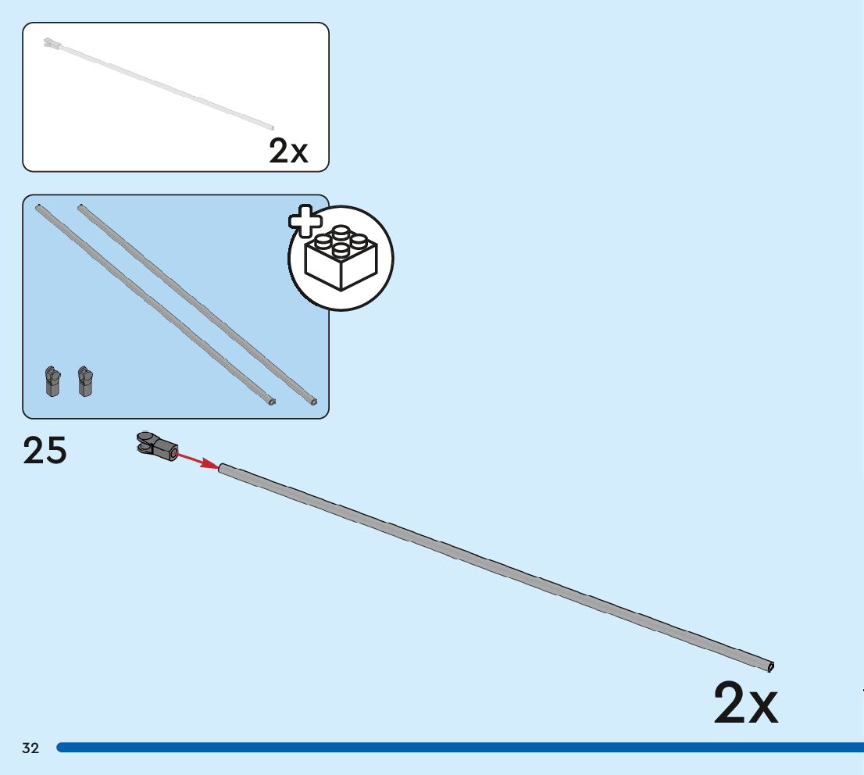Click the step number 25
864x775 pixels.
tap(45, 451)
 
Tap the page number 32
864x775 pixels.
tap(30, 748)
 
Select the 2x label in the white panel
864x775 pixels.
tap(288, 151)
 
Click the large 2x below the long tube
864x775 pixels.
tap(746, 704)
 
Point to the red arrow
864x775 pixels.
tap(198, 460)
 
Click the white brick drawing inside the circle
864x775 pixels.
tap(341, 258)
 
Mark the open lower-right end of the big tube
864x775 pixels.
tap(771, 666)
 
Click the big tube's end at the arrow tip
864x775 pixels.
tap(223, 469)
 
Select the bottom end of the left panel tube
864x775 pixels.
tap(272, 402)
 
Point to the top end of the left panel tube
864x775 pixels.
tap(38, 207)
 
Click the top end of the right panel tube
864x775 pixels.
tap(80, 207)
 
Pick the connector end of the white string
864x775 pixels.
tap(52, 42)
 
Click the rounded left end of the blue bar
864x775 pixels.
tap(61, 748)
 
